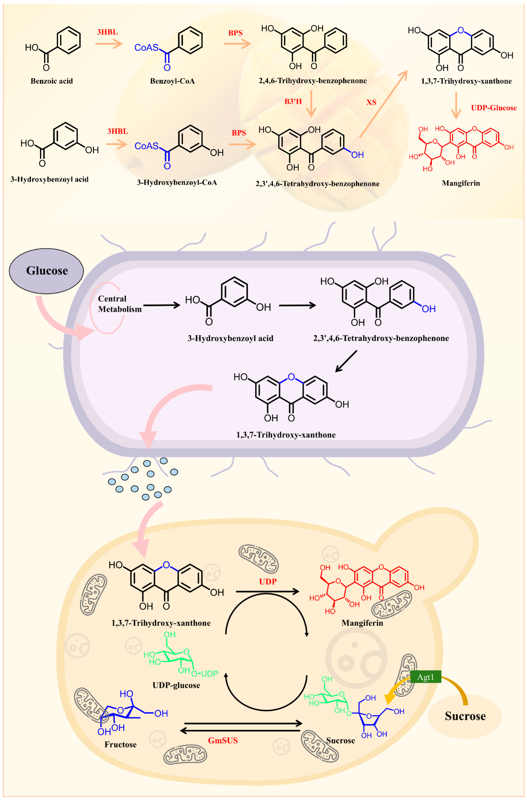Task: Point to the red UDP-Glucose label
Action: coord(493,108)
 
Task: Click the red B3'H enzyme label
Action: coord(293,101)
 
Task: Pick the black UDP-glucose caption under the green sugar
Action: coord(176,685)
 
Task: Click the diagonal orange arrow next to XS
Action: coord(383,104)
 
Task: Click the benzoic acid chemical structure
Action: coord(54,47)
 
